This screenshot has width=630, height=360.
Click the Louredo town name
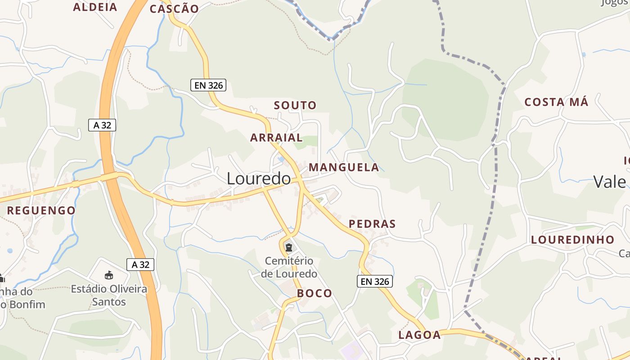point(259,179)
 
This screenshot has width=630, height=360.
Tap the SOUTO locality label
point(295,106)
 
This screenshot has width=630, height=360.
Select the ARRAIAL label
point(276,138)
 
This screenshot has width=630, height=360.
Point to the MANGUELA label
point(344,167)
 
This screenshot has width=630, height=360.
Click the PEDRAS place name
point(372,224)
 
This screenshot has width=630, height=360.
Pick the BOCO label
point(315,293)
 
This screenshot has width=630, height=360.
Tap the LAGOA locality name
point(419,335)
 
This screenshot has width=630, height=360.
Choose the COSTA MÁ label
point(556,102)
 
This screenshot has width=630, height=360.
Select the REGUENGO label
point(41,210)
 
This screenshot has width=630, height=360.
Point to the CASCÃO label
point(174,9)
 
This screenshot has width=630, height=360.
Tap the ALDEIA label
point(95,7)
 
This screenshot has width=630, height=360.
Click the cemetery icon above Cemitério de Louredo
point(289,247)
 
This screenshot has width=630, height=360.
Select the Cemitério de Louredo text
point(289,267)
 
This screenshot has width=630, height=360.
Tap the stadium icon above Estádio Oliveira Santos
point(108,275)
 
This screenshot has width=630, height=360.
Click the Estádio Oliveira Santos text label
point(109,295)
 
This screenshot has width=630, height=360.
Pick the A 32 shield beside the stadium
point(140,265)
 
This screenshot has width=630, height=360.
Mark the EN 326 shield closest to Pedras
point(375,282)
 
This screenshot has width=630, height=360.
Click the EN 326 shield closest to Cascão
point(208,85)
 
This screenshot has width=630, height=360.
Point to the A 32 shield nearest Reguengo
point(102,125)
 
